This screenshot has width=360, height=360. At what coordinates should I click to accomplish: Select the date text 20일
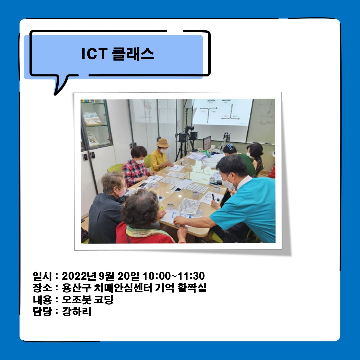(129, 276)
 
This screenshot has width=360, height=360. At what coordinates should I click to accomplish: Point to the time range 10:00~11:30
(174, 276)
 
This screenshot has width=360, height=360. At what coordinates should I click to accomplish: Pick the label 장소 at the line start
(42, 288)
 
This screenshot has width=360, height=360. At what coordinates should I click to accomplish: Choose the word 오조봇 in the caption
(74, 300)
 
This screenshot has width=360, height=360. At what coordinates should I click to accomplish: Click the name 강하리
(77, 312)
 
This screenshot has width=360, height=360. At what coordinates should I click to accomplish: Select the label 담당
(42, 312)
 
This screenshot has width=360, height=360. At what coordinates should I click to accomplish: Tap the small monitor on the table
(207, 143)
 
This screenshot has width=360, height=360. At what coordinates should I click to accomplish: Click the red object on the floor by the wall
(273, 172)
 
